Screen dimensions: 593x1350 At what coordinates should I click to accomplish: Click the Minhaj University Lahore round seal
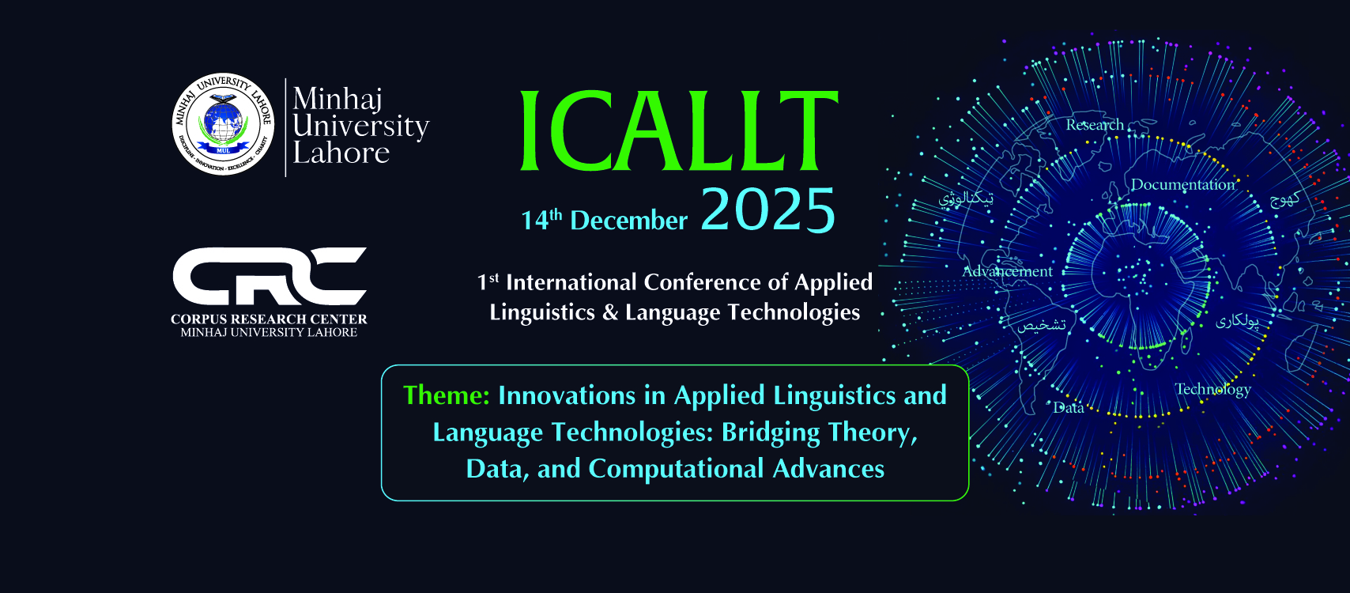223,124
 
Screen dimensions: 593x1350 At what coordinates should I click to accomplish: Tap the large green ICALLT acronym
678,131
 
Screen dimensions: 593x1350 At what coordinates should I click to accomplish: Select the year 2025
767,210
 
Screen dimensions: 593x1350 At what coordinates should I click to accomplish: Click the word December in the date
628,221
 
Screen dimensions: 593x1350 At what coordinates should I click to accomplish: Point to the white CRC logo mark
270,276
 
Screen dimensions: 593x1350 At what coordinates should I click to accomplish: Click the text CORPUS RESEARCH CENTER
269,319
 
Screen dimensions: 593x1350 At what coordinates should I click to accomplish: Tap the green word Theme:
447,395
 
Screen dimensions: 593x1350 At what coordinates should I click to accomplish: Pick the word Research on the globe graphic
1094,125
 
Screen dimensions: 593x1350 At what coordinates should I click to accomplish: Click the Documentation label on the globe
1182,185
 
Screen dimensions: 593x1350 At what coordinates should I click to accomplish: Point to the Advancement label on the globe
1007,272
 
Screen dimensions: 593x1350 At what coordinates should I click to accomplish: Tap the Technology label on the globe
1212,389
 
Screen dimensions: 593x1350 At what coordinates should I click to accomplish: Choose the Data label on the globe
1069,408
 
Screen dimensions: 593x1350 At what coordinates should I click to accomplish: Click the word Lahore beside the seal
341,153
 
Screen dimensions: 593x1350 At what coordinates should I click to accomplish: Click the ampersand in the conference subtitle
609,312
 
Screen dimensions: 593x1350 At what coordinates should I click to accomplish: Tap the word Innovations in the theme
567,395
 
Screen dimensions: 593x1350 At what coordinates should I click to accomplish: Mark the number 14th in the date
541,220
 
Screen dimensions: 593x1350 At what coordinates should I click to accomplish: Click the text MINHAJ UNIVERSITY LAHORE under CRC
269,333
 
